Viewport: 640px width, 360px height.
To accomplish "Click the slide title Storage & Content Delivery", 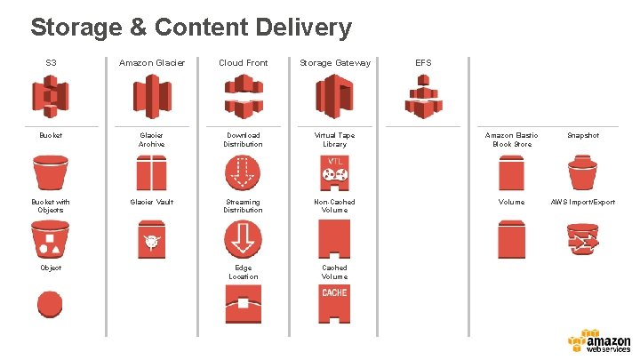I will pyautogui.click(x=191, y=28).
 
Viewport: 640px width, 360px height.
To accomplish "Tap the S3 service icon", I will pyautogui.click(x=51, y=95).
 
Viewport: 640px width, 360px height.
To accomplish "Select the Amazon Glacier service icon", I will pyautogui.click(x=151, y=95).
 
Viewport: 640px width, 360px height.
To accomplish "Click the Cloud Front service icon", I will pyautogui.click(x=243, y=95).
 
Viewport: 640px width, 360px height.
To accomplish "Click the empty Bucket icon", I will pyautogui.click(x=51, y=172).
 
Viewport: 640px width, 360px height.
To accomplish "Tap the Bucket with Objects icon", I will pyautogui.click(x=51, y=239).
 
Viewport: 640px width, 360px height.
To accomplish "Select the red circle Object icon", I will pyautogui.click(x=51, y=300).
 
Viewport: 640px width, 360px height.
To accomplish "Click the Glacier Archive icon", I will pyautogui.click(x=151, y=172).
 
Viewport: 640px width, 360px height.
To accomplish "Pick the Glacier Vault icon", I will pyautogui.click(x=151, y=239).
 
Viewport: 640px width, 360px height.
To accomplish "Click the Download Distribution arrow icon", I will pyautogui.click(x=243, y=172).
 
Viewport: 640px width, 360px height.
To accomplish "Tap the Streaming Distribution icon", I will pyautogui.click(x=243, y=237).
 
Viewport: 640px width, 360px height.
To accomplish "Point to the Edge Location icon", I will pyautogui.click(x=243, y=305).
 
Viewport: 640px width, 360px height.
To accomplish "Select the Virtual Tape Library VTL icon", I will pyautogui.click(x=334, y=172).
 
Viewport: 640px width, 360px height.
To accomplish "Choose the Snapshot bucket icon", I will pyautogui.click(x=583, y=172).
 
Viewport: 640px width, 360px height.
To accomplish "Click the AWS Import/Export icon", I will pyautogui.click(x=583, y=239).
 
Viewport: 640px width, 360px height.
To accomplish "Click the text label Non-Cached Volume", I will pyautogui.click(x=334, y=205).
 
